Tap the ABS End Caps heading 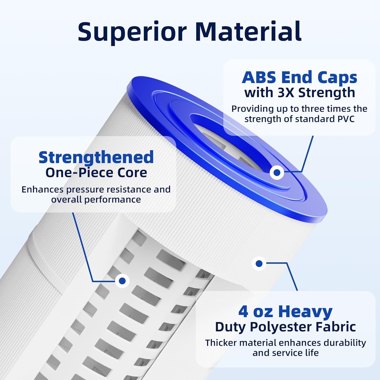[299, 77]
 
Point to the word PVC [346, 119]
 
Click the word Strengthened [96, 157]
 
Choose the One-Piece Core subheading [96, 173]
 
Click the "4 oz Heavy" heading [285, 311]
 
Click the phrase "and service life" [286, 353]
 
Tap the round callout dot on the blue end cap [277, 173]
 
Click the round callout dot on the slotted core [122, 281]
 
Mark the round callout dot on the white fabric [259, 264]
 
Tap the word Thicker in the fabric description [221, 343]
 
